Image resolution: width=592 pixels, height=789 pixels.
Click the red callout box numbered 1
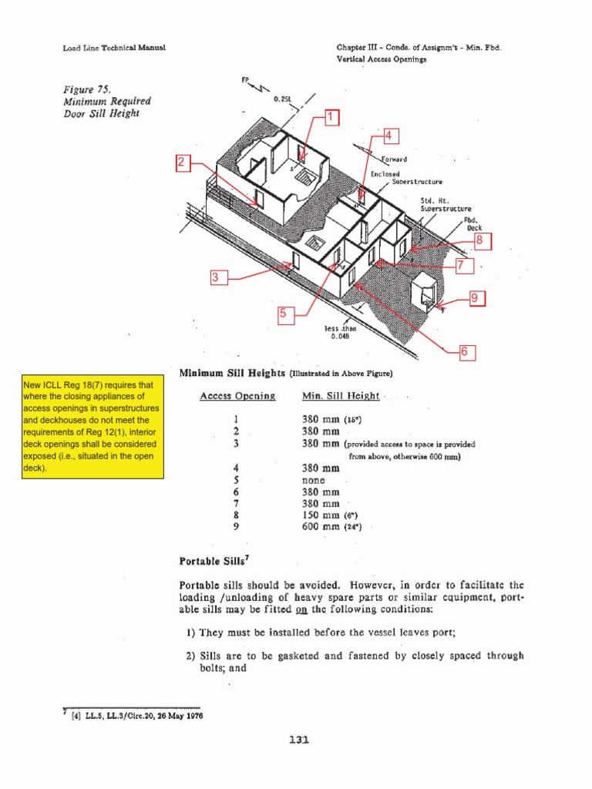[x=331, y=117]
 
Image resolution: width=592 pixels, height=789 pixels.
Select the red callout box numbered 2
[x=183, y=163]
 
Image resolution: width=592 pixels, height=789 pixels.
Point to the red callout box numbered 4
[x=388, y=136]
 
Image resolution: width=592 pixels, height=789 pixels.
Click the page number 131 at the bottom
[x=298, y=740]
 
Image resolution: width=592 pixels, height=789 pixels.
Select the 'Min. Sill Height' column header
[x=340, y=396]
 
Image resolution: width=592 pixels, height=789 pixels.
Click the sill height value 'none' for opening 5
[x=314, y=480]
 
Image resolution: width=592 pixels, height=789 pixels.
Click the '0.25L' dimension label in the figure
[x=282, y=99]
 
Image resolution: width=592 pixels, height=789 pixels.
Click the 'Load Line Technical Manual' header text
[x=114, y=48]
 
